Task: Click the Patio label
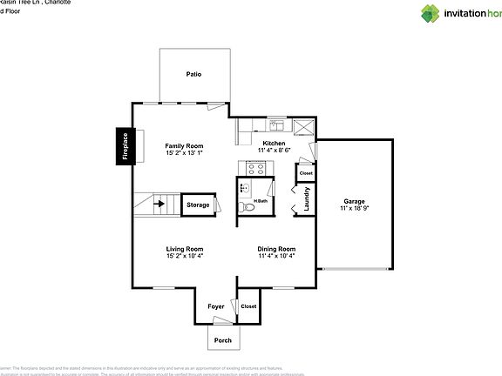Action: click(x=193, y=75)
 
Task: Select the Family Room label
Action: click(x=185, y=145)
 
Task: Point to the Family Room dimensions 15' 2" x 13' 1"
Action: click(x=185, y=152)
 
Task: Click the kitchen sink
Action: click(x=275, y=124)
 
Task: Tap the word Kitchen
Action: click(x=275, y=143)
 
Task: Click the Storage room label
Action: click(x=199, y=205)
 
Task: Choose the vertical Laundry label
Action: click(x=306, y=200)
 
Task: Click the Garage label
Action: click(x=353, y=201)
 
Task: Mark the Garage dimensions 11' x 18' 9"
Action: click(x=353, y=209)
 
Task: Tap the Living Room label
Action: click(x=185, y=249)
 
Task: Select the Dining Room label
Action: click(x=276, y=249)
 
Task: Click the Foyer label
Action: click(x=216, y=306)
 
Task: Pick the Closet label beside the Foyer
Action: click(x=248, y=306)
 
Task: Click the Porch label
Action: click(x=223, y=340)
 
